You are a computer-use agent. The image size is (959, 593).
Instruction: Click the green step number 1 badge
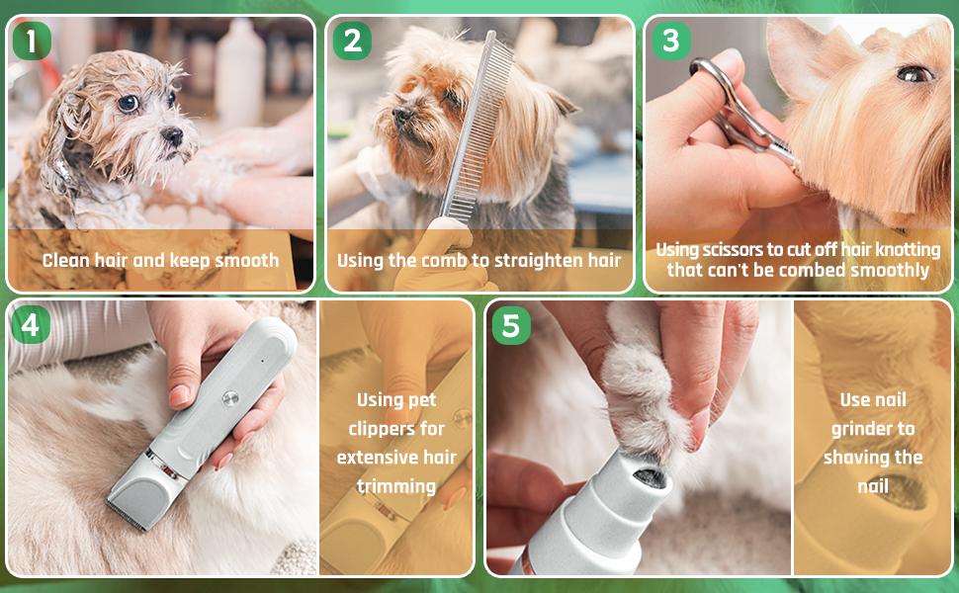pos(32,41)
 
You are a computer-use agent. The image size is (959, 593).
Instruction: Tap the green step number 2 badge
pos(351,41)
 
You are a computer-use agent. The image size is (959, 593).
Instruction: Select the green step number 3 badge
pos(670,41)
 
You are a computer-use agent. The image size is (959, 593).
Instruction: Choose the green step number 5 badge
pos(509,325)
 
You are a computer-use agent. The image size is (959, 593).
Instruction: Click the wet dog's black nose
pos(172,135)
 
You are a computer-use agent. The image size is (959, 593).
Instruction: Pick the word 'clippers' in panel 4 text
pos(395,429)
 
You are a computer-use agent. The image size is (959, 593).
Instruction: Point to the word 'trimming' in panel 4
pos(395,486)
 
